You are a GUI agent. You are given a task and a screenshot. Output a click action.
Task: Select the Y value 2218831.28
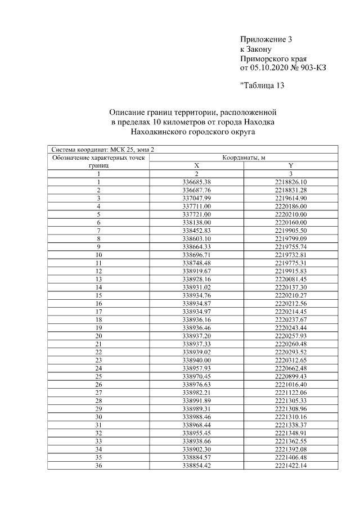[x=290, y=190]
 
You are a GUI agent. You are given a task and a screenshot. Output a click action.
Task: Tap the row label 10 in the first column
[x=98, y=255]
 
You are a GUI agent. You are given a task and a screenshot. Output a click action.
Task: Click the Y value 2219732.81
[x=290, y=255]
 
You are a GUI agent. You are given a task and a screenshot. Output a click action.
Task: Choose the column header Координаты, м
[x=244, y=158]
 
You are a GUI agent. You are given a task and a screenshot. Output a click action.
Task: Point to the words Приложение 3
[x=266, y=39]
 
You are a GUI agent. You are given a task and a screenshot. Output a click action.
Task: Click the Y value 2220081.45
[x=290, y=279]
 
